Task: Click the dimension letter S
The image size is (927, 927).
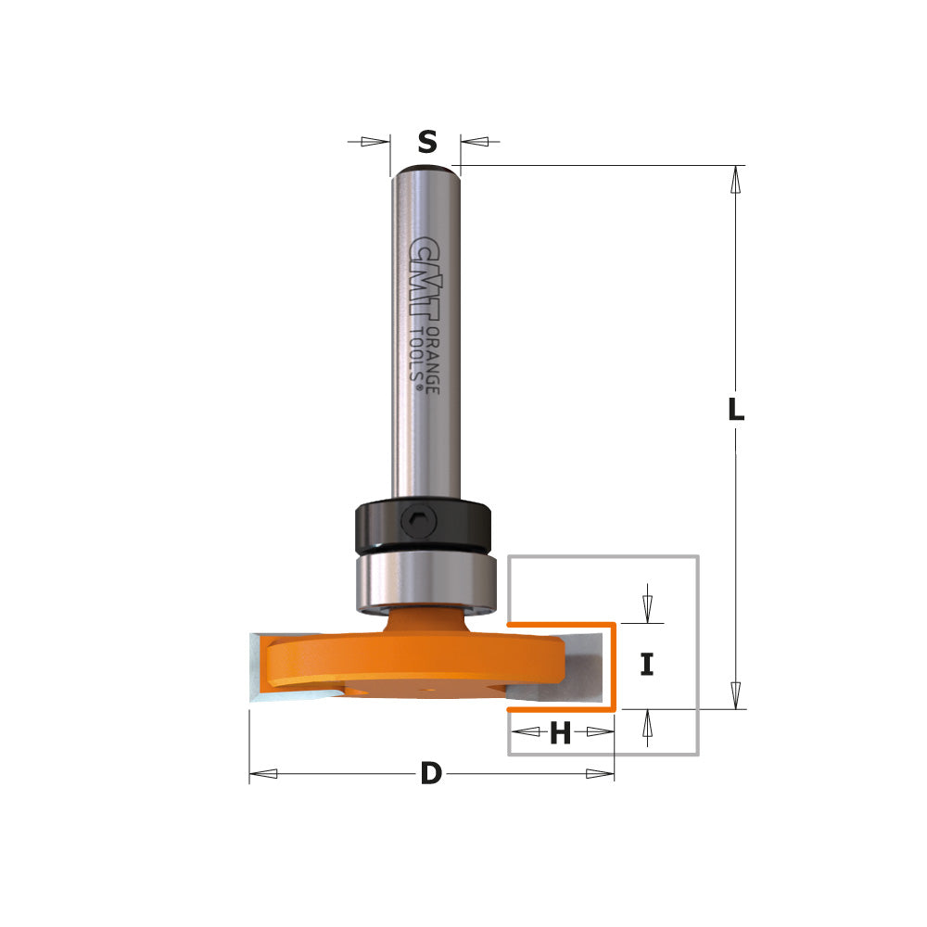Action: tap(426, 142)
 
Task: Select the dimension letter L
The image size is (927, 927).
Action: tap(735, 410)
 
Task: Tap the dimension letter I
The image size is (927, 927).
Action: tap(647, 664)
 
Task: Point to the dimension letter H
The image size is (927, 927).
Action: tap(560, 734)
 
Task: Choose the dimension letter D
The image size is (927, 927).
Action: tap(430, 774)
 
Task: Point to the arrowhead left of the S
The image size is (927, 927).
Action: tap(375, 142)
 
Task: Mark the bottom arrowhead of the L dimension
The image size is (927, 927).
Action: tap(736, 695)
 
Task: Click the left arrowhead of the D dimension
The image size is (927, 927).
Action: tap(264, 774)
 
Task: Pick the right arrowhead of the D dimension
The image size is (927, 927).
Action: tap(599, 774)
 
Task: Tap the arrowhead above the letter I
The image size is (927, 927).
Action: tap(647, 608)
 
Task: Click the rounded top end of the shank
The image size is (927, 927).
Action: tap(425, 171)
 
